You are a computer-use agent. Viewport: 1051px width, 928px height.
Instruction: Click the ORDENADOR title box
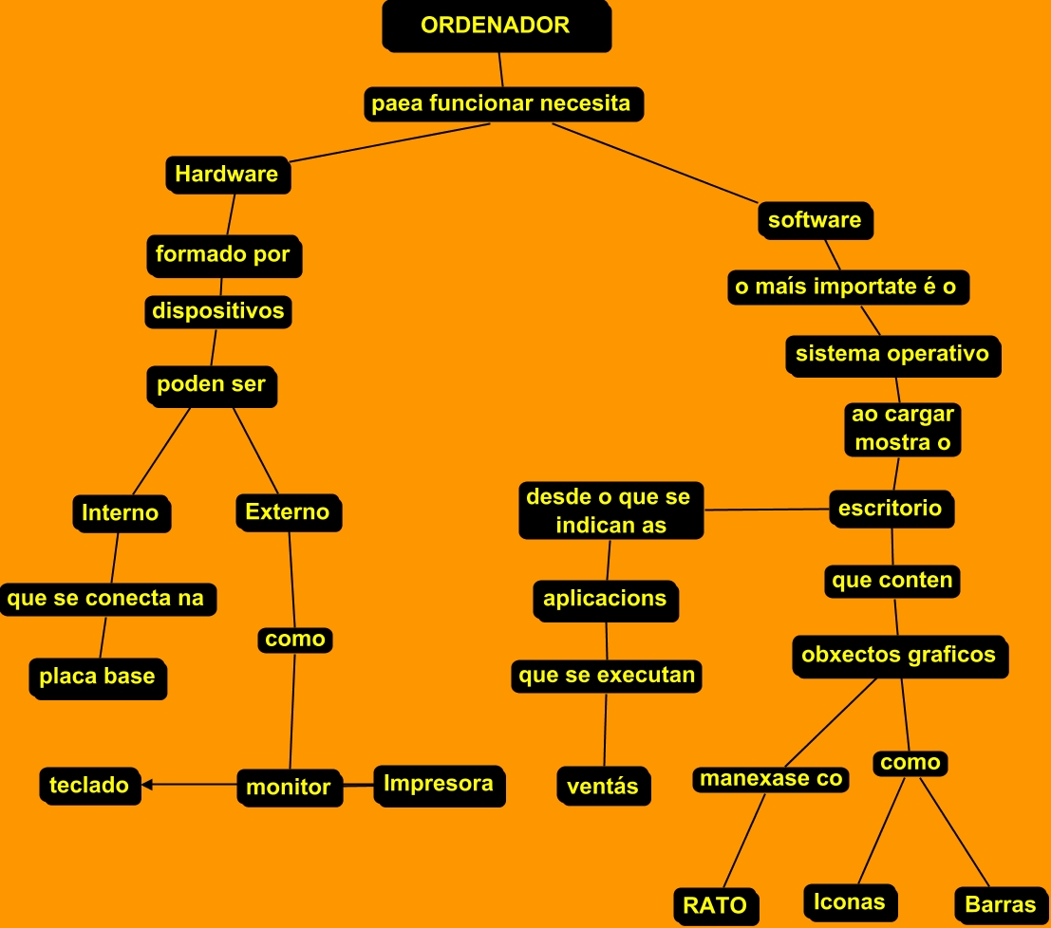click(496, 26)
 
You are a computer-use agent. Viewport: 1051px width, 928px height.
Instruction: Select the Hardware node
click(227, 175)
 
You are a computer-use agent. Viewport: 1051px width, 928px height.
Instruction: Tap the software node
click(815, 220)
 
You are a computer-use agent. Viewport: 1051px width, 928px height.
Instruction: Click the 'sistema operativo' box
click(892, 355)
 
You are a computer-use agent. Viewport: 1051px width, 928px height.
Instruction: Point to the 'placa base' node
click(97, 677)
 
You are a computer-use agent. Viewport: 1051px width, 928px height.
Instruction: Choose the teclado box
click(89, 786)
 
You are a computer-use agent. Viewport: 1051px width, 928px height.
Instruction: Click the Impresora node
click(438, 784)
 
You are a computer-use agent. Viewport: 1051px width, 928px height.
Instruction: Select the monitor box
click(289, 787)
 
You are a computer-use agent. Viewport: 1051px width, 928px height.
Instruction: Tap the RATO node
click(715, 905)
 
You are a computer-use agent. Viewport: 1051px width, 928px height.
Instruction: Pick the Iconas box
click(850, 901)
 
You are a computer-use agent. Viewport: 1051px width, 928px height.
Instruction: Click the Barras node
click(1000, 904)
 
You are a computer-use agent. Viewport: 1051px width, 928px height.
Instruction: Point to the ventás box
click(603, 786)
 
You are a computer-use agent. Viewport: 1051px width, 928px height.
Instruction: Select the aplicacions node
click(605, 600)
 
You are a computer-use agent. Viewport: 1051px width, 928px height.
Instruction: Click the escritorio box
click(891, 509)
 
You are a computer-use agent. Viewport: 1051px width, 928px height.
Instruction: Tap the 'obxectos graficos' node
click(898, 655)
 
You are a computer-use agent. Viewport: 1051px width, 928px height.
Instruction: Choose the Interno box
click(121, 512)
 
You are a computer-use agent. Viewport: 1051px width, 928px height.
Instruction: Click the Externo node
click(288, 512)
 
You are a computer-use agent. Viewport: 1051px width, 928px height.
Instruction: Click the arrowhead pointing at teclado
click(148, 785)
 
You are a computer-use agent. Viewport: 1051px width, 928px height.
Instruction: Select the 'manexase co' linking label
click(771, 779)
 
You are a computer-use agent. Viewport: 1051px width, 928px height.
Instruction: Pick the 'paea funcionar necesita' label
click(501, 103)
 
